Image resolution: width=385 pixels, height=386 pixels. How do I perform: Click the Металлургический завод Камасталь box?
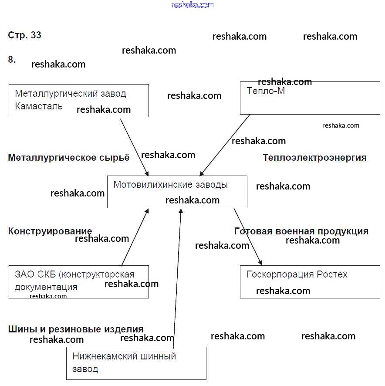tap(78, 100)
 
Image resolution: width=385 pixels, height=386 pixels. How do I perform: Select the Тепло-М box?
tap(310, 98)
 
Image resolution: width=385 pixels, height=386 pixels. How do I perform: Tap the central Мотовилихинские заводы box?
tap(177, 192)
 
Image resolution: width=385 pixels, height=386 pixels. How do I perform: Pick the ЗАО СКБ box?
tap(78, 281)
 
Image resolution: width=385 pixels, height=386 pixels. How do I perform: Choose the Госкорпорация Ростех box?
tap(310, 281)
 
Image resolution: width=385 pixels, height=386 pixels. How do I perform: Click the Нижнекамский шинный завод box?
tap(136, 363)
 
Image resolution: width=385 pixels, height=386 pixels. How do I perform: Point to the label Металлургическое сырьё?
tap(69, 158)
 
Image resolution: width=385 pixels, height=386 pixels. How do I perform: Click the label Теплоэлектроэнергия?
tap(314, 158)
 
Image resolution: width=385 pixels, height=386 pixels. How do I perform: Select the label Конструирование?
tap(50, 231)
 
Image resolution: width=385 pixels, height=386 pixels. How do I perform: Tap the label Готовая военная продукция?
tap(301, 231)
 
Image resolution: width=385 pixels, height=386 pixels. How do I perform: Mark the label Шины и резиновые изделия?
tap(76, 329)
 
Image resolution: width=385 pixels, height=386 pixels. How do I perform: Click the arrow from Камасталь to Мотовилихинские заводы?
tap(134, 146)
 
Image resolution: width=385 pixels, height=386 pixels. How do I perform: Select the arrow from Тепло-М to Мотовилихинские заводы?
tap(225, 145)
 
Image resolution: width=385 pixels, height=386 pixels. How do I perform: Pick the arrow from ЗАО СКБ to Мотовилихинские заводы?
tap(135, 237)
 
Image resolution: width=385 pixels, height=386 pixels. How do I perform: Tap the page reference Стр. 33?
tap(25, 35)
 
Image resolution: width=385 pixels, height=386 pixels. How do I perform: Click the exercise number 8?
tap(12, 60)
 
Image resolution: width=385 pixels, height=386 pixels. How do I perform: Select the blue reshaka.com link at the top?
tap(193, 5)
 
